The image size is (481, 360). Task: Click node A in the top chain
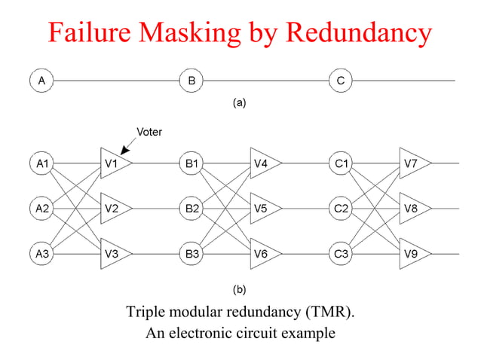point(41,79)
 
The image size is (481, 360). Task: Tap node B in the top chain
point(191,79)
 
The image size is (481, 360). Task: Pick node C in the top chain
point(341,79)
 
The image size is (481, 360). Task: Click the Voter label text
point(149,132)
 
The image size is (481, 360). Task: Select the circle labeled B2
point(191,209)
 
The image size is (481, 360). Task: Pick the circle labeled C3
point(341,255)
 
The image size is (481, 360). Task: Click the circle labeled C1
point(341,163)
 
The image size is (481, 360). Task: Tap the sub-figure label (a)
point(239,103)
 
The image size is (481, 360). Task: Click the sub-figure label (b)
point(239,288)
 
